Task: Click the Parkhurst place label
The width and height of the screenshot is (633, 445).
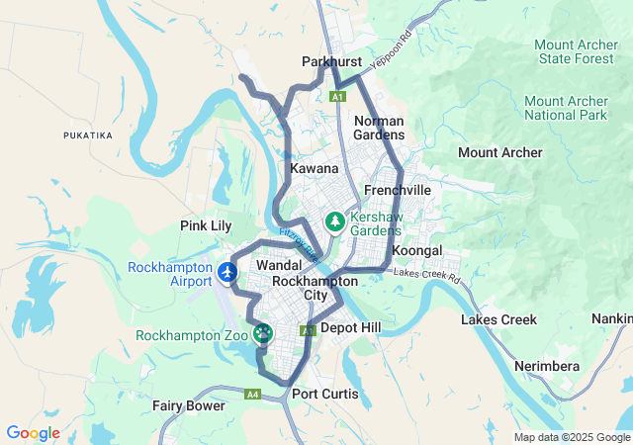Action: [331, 61]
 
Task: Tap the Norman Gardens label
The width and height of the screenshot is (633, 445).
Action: [379, 128]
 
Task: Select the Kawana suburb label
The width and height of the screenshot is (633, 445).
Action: [315, 169]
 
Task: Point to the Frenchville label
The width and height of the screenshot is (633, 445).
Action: [398, 189]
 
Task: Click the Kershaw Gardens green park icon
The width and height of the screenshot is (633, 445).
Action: [336, 222]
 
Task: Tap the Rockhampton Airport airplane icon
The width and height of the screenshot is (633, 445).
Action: [229, 271]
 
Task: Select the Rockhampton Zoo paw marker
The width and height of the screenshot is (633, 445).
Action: [263, 334]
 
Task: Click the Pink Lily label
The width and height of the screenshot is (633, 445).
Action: [206, 225]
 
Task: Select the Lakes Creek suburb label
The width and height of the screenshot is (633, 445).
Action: [499, 319]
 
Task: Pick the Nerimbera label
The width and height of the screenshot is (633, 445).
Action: [547, 366]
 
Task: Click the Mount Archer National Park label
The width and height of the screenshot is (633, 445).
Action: [566, 108]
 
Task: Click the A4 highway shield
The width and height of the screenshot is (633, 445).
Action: [253, 395]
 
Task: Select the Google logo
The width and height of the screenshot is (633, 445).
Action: [33, 433]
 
